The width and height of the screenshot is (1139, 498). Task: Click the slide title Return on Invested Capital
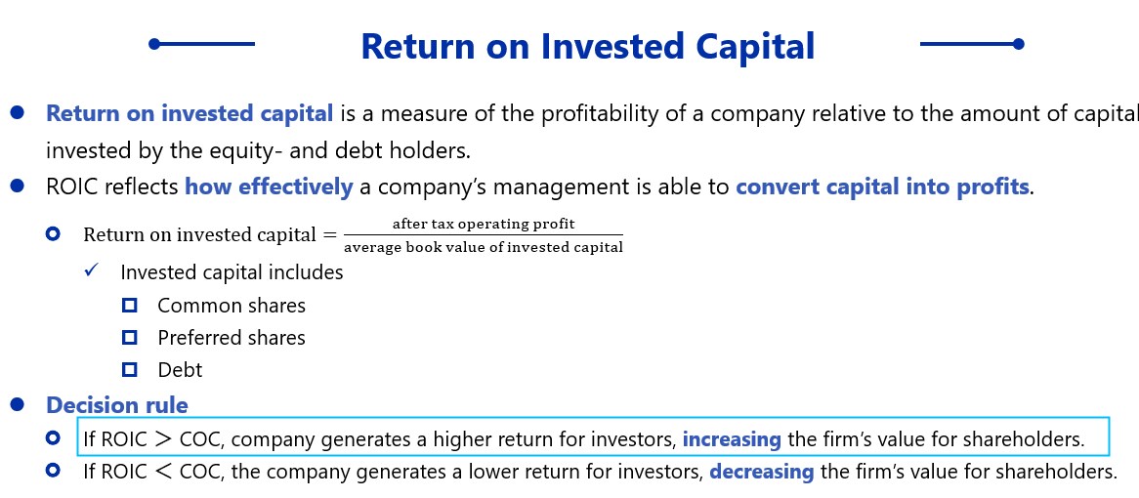[588, 46]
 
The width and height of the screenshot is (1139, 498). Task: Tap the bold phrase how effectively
[269, 187]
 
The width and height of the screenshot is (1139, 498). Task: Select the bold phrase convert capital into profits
[883, 187]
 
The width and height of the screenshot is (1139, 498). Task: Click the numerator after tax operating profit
[484, 224]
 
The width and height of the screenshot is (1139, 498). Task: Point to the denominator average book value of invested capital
[484, 247]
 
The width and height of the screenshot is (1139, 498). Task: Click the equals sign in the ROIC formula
[330, 235]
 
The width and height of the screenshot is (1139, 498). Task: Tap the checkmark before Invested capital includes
[92, 270]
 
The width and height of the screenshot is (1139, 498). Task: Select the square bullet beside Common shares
[130, 306]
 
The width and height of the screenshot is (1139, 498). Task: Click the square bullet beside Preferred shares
[130, 338]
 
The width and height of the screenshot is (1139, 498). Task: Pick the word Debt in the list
[180, 369]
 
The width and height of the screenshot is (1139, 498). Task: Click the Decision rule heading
[117, 404]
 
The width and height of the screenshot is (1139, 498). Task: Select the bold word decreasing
[761, 472]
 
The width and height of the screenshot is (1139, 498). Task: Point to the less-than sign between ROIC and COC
[164, 472]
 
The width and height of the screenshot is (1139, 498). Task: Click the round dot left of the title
[154, 44]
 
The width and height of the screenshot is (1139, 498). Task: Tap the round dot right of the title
[1019, 44]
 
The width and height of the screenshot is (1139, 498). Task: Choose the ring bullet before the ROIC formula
[53, 234]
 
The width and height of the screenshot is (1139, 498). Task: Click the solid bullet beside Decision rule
[18, 403]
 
